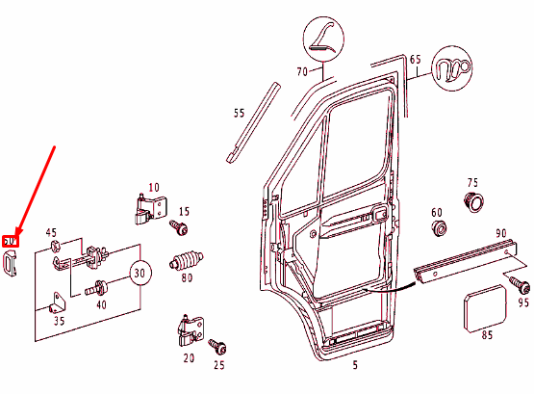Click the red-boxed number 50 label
[12, 240]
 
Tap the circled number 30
[140, 275]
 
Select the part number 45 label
[52, 232]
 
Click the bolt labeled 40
[99, 287]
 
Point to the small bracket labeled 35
[54, 309]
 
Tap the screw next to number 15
[178, 226]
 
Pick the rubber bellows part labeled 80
[188, 260]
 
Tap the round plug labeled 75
[471, 202]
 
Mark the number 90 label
[501, 234]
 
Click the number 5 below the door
[355, 365]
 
